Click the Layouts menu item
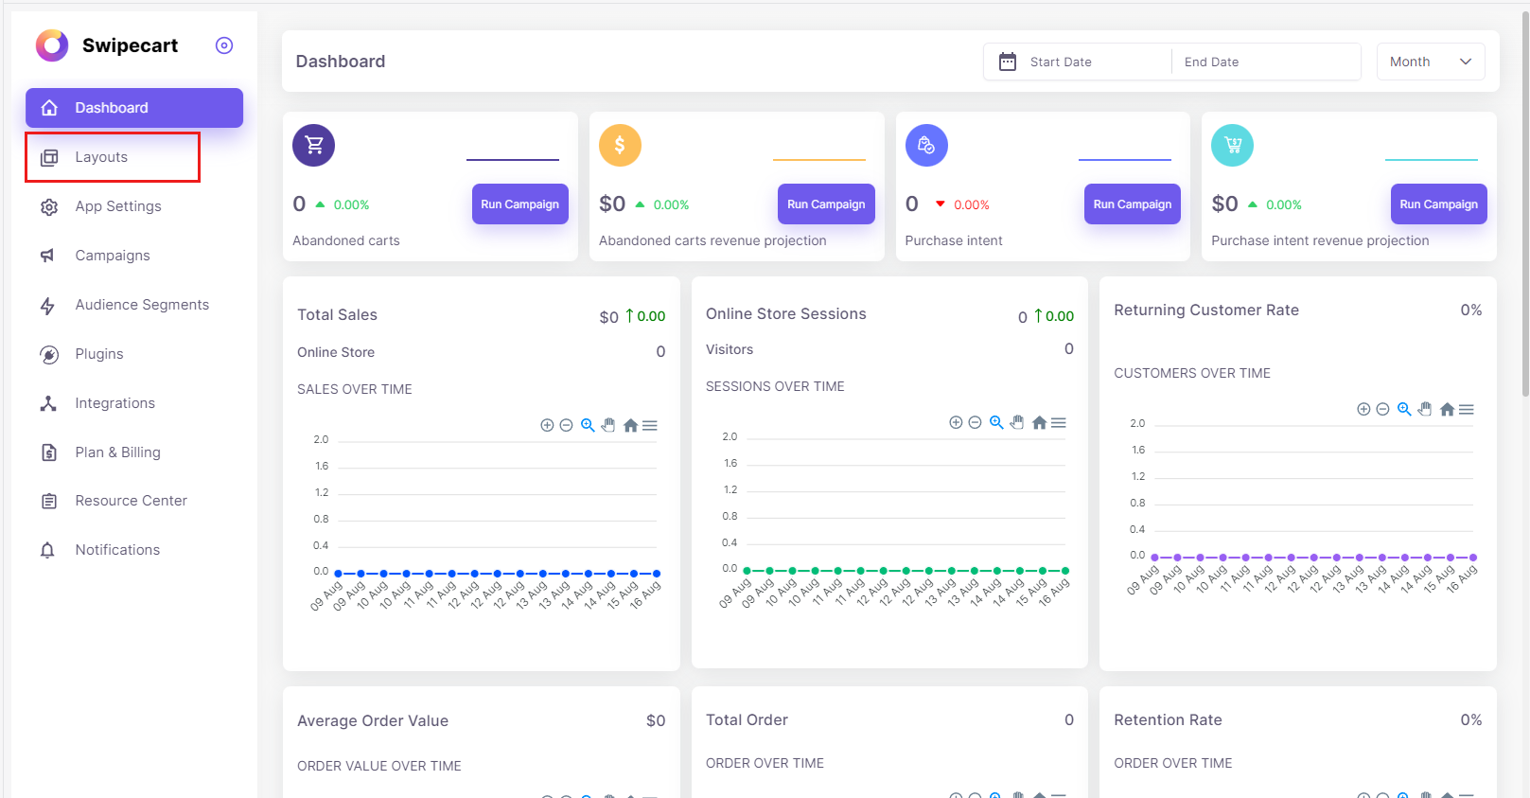coord(101,157)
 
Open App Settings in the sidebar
coord(118,206)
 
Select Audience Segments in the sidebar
coord(142,305)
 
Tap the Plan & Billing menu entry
coord(117,452)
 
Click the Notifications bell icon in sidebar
coord(48,550)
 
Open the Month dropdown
coord(1430,62)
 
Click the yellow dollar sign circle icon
coord(620,145)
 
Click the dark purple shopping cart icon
coord(314,145)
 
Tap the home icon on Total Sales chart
coord(630,426)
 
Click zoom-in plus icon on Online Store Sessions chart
coord(956,423)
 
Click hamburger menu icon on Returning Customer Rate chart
coord(1467,410)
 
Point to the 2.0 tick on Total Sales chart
coord(322,439)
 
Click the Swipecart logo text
coord(130,45)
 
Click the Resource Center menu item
coord(131,501)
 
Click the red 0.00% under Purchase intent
coord(971,204)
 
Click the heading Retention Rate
coord(1168,719)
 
